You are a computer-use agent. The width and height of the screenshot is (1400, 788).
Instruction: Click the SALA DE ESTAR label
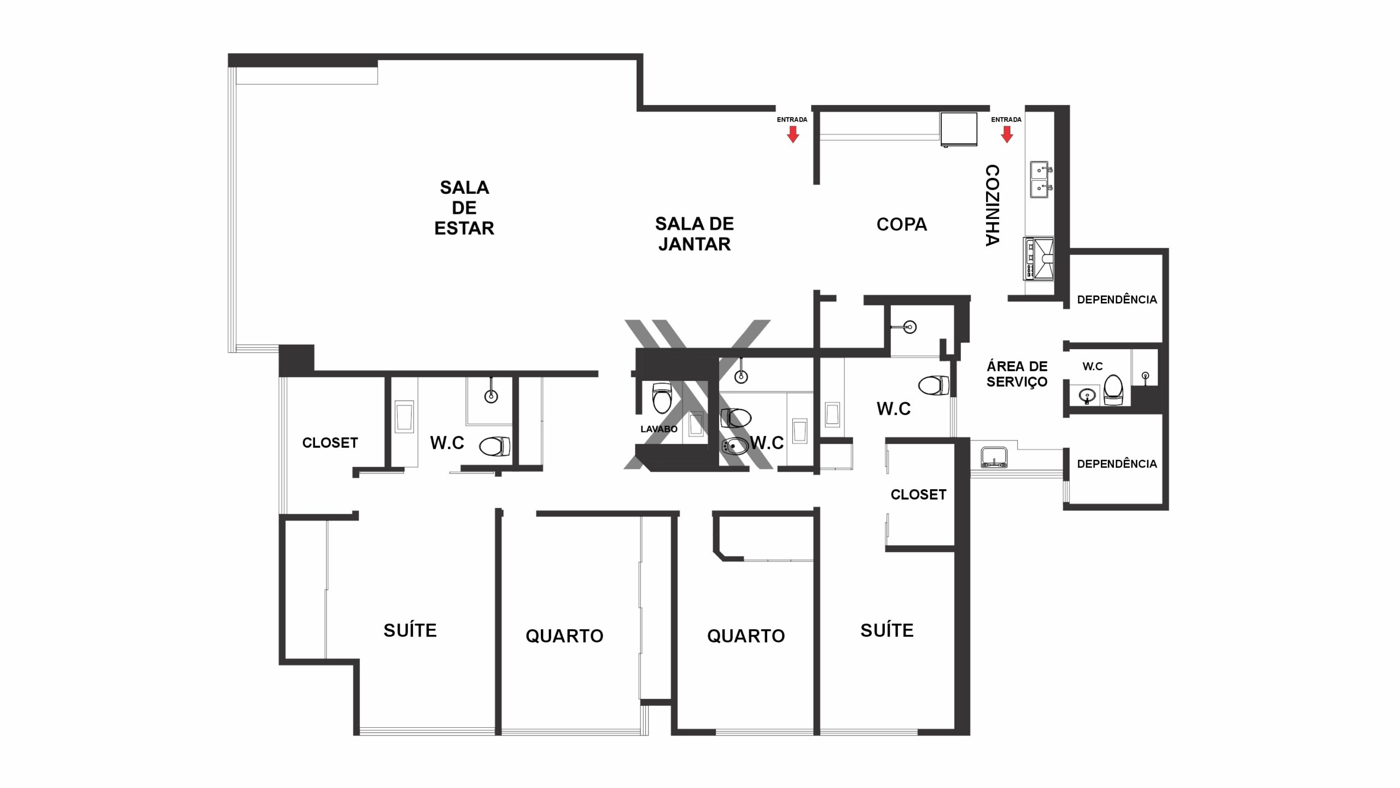464,208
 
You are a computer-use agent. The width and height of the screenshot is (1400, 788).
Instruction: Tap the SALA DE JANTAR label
695,234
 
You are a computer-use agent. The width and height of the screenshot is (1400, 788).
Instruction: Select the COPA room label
902,224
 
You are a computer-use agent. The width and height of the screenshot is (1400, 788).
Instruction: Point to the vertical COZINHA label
993,205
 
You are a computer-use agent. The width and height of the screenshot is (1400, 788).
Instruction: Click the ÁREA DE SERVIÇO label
1017,374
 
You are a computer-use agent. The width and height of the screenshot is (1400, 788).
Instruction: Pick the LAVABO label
659,429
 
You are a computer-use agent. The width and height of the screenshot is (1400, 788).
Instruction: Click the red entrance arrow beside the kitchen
1007,134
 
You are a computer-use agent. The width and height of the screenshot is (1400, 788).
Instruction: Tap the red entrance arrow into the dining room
792,134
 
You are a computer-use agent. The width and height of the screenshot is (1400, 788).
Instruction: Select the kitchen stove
1039,259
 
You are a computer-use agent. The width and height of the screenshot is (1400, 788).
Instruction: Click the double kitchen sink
1040,179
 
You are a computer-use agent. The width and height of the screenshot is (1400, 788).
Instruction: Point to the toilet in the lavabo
662,397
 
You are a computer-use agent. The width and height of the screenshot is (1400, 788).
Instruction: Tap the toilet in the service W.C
1113,390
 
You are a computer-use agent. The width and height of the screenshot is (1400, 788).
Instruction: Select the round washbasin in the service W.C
1087,395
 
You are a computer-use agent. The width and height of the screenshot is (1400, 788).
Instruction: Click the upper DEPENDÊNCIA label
1117,299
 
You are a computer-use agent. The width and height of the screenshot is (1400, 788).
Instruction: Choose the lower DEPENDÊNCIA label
1117,463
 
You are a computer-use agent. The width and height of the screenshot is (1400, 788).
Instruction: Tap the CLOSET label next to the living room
330,443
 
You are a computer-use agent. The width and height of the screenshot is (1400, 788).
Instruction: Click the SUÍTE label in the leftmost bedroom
410,630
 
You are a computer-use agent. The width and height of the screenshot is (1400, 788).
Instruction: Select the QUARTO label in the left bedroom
564,636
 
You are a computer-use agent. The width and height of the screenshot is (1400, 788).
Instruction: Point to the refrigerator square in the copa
959,129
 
